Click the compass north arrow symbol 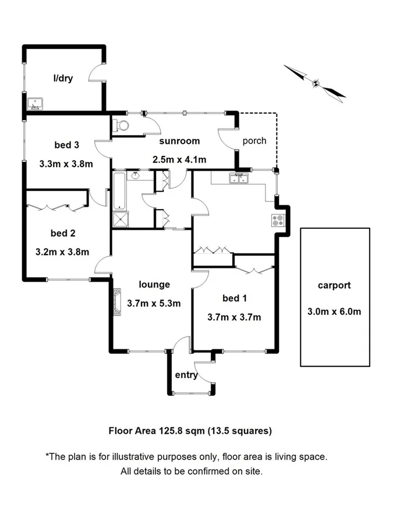tap(315, 83)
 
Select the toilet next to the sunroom tap(121, 126)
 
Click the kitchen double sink tap(239, 178)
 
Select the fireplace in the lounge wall tap(118, 302)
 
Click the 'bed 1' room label tap(235, 299)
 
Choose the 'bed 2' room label tap(63, 233)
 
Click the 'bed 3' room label tap(67, 145)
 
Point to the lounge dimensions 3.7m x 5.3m tap(154, 303)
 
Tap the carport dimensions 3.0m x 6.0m tap(334, 311)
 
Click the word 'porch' tap(254, 141)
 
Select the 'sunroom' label tap(179, 141)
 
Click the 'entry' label tap(186, 375)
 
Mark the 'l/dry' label tap(63, 78)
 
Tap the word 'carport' tap(334, 285)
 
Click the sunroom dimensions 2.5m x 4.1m tap(179, 160)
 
